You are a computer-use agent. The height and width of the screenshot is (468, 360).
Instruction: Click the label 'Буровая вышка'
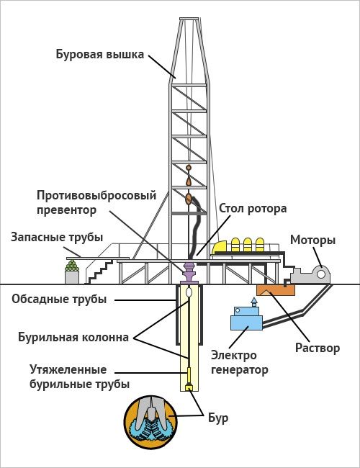101,54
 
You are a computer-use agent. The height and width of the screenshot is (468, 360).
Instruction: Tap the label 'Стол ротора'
253,209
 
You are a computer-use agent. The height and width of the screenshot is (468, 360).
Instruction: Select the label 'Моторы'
312,240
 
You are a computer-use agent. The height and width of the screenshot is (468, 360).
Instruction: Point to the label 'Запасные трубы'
57,238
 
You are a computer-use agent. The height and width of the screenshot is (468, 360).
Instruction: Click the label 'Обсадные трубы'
59,299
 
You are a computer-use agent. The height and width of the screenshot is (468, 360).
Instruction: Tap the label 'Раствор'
318,348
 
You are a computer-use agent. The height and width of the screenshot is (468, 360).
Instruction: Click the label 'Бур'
218,416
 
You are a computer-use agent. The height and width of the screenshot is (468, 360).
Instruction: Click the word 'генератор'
240,371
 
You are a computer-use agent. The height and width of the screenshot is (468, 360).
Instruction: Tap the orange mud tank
275,289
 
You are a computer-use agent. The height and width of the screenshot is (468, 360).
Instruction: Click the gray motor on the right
314,274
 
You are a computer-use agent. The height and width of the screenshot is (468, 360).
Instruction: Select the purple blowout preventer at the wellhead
189,273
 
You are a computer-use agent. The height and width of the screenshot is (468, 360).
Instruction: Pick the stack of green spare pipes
71,274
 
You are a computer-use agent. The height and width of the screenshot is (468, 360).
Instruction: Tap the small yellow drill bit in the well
189,387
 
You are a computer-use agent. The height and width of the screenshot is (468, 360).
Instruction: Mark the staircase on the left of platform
99,272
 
